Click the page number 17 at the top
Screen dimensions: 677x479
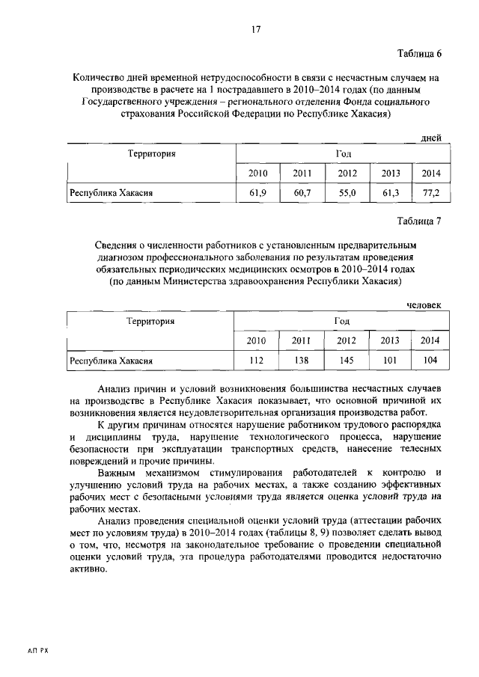point(255,29)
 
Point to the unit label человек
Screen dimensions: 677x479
point(424,304)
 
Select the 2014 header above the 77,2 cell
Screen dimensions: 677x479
point(431,174)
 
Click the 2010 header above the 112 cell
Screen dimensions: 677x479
point(257,341)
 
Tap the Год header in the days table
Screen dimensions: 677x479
point(343,153)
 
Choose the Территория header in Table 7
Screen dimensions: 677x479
point(150,321)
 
